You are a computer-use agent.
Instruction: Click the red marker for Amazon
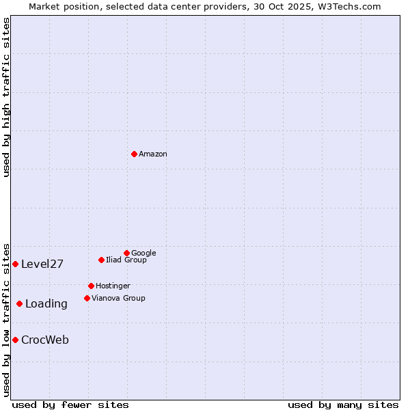(134, 154)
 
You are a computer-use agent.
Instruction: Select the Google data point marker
(126, 253)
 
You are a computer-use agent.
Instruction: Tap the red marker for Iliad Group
(101, 260)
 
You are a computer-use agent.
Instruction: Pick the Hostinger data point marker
(91, 286)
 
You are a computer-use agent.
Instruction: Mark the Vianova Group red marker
(87, 298)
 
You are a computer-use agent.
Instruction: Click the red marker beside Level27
(15, 264)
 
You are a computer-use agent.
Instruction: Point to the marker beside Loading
(19, 303)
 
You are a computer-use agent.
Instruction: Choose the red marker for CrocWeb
(15, 340)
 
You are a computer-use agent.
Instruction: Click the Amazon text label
(153, 154)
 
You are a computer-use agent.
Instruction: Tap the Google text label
(143, 253)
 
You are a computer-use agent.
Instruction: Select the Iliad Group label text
(126, 260)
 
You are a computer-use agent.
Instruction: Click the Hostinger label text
(113, 286)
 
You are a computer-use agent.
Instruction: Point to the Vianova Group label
(118, 298)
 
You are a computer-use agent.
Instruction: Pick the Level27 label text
(42, 264)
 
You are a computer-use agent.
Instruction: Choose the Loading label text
(46, 304)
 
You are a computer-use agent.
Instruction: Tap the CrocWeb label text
(45, 340)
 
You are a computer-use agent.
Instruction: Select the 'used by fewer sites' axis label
(70, 405)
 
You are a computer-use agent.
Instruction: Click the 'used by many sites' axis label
(343, 405)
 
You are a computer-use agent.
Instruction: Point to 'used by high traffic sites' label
(7, 97)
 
